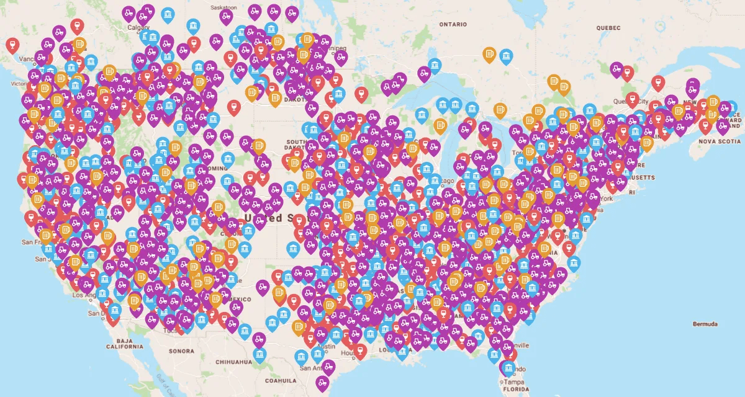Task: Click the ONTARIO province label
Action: (453, 24)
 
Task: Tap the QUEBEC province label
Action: (608, 28)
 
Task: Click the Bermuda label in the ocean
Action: (705, 324)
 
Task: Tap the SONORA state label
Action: (181, 351)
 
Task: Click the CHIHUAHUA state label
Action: (233, 361)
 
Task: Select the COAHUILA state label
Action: (281, 380)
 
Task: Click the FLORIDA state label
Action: (516, 391)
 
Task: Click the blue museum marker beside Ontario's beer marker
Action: (507, 56)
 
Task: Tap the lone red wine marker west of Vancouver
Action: (12, 45)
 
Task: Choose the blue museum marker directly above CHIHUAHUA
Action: (260, 355)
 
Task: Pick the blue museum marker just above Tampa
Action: (508, 368)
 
